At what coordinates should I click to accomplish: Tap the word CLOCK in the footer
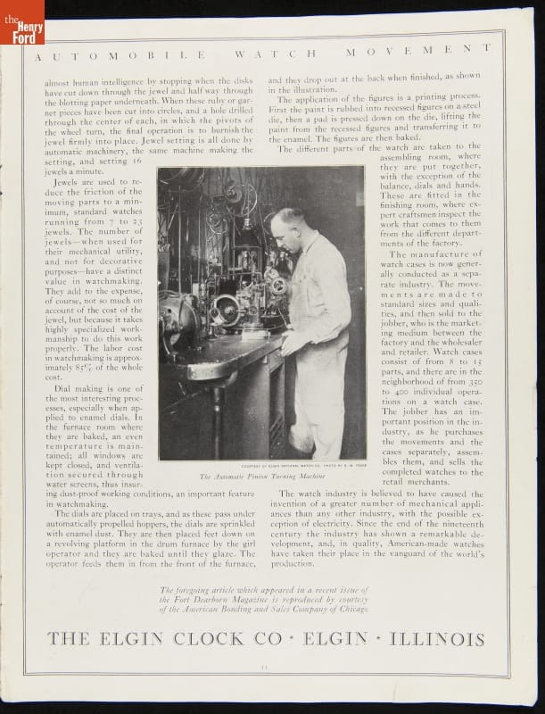coord(210,639)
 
